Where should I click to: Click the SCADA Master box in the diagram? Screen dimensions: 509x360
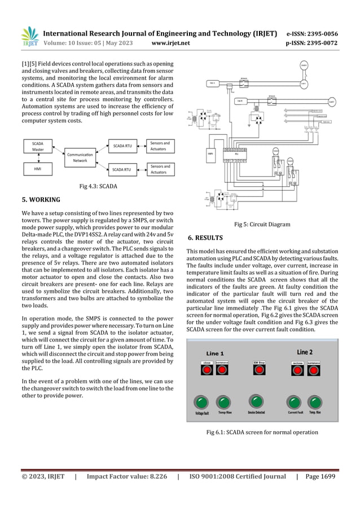[x=38, y=147]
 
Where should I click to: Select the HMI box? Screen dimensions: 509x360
[x=38, y=169]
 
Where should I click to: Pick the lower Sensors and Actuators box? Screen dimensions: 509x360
[x=160, y=169]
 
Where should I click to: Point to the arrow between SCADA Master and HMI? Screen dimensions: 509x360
[x=38, y=158]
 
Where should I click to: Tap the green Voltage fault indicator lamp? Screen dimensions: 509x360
[x=201, y=402]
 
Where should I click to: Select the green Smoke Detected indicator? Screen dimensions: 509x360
[x=257, y=402]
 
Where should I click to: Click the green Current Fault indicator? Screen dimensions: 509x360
[x=293, y=402]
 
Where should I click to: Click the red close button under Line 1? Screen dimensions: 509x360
[x=207, y=370]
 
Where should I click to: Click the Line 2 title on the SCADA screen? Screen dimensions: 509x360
[x=305, y=353]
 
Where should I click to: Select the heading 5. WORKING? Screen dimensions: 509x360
[x=41, y=199]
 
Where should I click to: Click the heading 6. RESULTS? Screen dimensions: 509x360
[x=205, y=238]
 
